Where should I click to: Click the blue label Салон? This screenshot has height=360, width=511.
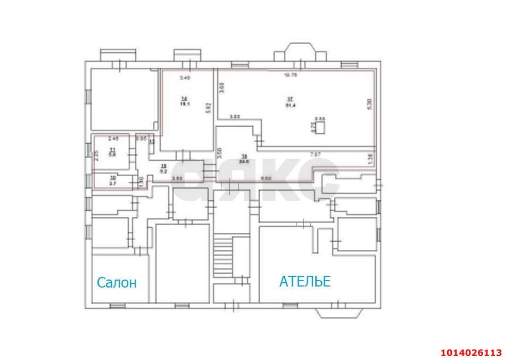pyautogui.click(x=117, y=283)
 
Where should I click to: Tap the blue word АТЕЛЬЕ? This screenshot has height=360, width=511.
pyautogui.click(x=304, y=281)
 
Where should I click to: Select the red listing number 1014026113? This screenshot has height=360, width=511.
pyautogui.click(x=471, y=353)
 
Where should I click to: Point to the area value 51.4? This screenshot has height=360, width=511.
pyautogui.click(x=290, y=105)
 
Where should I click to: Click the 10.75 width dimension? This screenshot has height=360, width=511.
pyautogui.click(x=290, y=76)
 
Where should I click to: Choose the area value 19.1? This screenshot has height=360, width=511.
pyautogui.click(x=184, y=104)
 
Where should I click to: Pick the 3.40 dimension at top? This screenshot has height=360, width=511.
pyautogui.click(x=184, y=78)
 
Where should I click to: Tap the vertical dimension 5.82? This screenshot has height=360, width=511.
pyautogui.click(x=210, y=108)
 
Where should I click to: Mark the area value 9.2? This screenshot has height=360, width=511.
pyautogui.click(x=164, y=171)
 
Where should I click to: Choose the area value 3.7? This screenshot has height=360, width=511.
pyautogui.click(x=113, y=183)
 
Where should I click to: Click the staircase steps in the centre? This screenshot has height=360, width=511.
pyautogui.click(x=224, y=257)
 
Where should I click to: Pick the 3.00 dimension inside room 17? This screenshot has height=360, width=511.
pyautogui.click(x=235, y=116)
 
